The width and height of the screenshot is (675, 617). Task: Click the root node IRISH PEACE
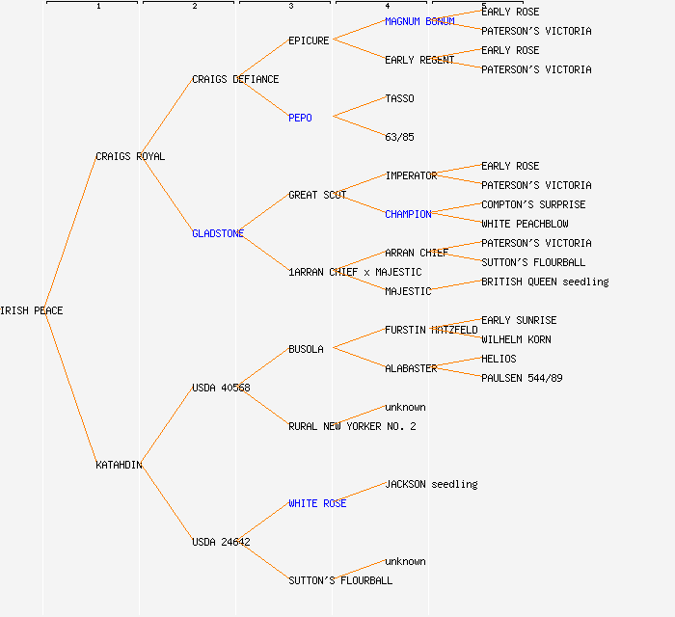(32, 310)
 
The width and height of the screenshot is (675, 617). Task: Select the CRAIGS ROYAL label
(130, 156)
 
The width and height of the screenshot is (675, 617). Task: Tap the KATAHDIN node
(119, 465)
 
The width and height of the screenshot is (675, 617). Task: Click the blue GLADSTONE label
(218, 233)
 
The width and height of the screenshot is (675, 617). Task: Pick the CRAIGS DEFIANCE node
(235, 79)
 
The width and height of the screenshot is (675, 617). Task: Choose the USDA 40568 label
(221, 388)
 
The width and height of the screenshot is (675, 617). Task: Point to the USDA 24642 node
(221, 542)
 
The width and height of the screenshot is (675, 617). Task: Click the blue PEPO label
(300, 118)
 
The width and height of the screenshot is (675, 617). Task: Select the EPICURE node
(309, 40)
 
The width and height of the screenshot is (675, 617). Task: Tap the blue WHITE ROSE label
(317, 503)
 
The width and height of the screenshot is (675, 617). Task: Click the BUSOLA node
(306, 349)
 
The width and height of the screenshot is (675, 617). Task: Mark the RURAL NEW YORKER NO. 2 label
(352, 426)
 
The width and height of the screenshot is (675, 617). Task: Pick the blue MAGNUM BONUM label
(419, 21)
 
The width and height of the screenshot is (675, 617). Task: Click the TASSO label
(399, 98)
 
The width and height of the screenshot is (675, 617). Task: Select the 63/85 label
(399, 137)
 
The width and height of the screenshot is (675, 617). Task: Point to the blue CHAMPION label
(408, 214)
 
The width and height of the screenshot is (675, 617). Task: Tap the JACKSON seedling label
(431, 484)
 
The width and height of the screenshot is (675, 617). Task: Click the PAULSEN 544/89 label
(522, 378)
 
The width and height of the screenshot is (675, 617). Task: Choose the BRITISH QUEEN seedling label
(545, 282)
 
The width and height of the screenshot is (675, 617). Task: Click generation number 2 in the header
(195, 7)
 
